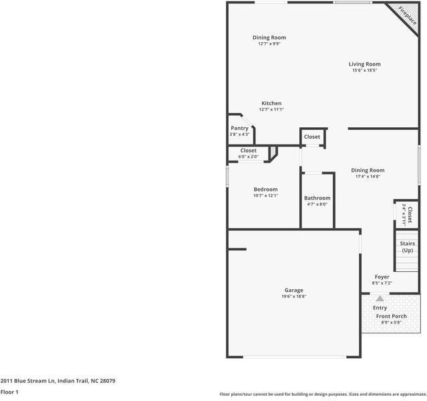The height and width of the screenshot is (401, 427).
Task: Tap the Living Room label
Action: (x=364, y=64)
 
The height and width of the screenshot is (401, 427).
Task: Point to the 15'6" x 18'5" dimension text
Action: (x=364, y=70)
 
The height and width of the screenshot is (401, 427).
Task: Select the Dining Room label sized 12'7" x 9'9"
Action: (x=269, y=37)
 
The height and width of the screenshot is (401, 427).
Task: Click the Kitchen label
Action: (x=271, y=103)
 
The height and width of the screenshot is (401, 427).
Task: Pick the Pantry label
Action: (x=239, y=128)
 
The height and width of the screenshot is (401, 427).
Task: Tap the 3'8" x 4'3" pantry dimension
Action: (x=239, y=135)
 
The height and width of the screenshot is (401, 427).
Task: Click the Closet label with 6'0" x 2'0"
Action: (x=248, y=151)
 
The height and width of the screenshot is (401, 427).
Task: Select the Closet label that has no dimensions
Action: (x=312, y=137)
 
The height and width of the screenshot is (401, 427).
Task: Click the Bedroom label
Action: (x=265, y=189)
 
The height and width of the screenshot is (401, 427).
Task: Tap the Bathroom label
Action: (x=317, y=198)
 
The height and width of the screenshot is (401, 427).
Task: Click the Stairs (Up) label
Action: (x=407, y=247)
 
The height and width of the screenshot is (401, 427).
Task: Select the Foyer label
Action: (x=382, y=276)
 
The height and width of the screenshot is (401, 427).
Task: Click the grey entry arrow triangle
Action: (x=380, y=298)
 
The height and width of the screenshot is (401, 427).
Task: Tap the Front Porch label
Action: (x=391, y=316)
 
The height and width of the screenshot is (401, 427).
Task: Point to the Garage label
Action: (x=293, y=290)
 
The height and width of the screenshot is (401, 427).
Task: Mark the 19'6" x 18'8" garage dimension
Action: (x=293, y=296)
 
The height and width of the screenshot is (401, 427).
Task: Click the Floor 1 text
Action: (x=9, y=392)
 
